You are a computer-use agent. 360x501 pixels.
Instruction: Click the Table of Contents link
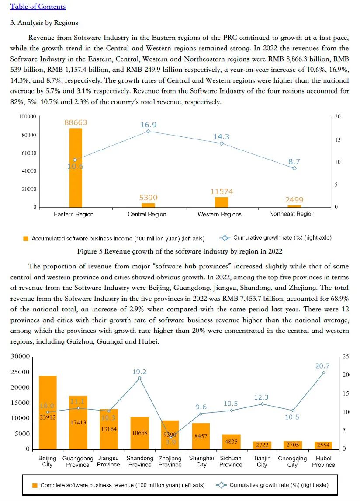(38, 7)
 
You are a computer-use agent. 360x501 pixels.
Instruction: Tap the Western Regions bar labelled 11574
(222, 202)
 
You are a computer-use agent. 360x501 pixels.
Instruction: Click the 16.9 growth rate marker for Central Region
(148, 131)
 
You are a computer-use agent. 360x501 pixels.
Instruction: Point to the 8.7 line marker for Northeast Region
(294, 168)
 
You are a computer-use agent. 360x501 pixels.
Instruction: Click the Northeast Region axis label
(292, 214)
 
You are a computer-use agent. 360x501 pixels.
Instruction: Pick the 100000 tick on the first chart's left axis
(27, 117)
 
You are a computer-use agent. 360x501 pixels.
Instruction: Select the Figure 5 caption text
(180, 251)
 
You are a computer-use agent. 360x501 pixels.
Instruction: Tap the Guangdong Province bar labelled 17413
(78, 422)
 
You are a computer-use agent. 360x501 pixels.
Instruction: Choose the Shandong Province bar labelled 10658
(139, 433)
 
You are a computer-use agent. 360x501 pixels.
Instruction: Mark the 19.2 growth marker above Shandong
(140, 378)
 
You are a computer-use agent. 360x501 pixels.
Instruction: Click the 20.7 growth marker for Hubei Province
(324, 372)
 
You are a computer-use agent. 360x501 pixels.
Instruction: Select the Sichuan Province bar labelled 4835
(231, 442)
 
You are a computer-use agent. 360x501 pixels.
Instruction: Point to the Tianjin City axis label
(262, 462)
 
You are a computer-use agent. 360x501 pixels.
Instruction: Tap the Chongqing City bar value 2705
(292, 445)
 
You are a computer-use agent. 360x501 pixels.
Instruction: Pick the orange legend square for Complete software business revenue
(35, 485)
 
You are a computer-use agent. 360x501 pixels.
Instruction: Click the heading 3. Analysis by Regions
(44, 23)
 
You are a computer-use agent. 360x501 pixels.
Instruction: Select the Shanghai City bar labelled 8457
(201, 436)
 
